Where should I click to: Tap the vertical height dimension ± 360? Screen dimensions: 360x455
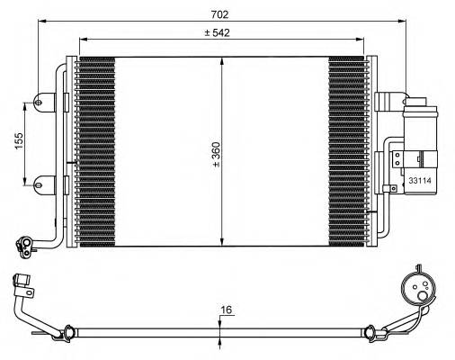[x=215, y=154]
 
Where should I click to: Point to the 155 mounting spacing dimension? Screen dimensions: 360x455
[x=17, y=142]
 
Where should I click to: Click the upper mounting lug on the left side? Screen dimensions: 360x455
[x=40, y=103]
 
